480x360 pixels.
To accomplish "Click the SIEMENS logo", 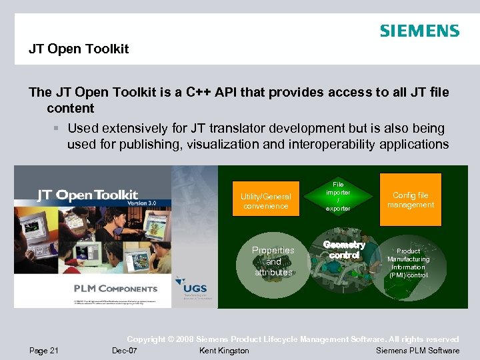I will pos(419,31).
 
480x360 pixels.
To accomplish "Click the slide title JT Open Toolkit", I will pos(79,49).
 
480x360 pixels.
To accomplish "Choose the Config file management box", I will pos(410,200).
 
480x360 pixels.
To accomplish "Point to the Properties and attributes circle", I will pos(273,261).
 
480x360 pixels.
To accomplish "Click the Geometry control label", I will pos(344,250).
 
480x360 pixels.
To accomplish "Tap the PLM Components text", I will pos(115,289).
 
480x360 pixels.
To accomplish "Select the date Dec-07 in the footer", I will pos(125,351).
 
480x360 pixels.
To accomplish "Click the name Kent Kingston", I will pos(224,351).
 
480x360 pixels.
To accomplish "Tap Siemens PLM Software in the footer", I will pos(417,351).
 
